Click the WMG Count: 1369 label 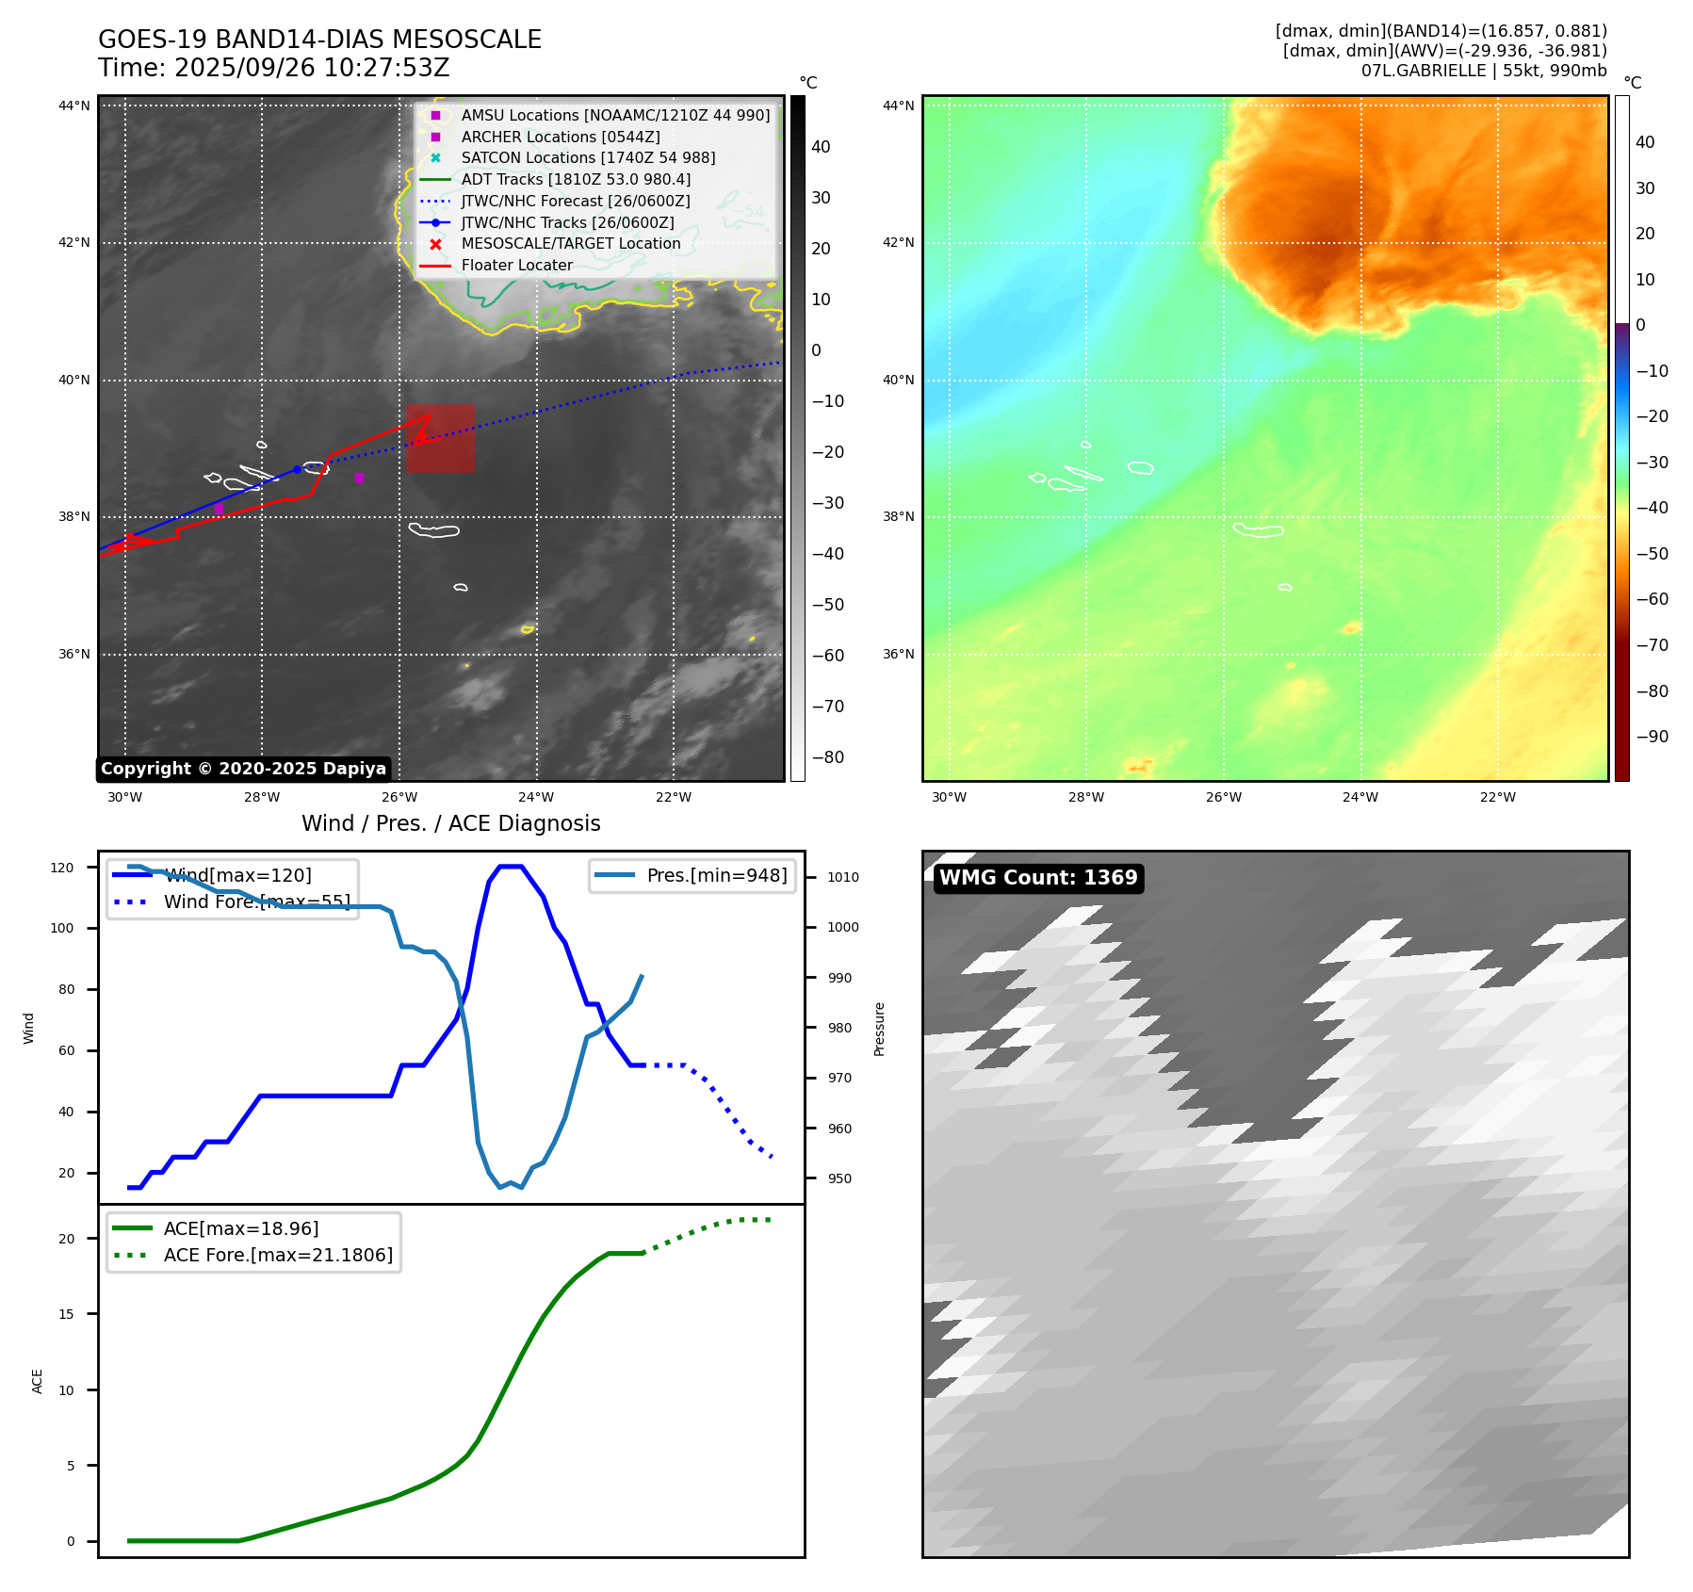1037,878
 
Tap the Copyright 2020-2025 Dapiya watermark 243,769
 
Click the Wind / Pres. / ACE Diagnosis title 450,824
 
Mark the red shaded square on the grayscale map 440,438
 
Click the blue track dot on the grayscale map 297,469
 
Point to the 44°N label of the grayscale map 74,106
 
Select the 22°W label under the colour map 1497,797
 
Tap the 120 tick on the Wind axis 62,868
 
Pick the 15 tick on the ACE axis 66,1314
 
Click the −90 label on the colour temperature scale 1652,737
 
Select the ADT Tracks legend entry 576,180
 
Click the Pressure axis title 879,1029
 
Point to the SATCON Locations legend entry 588,158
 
